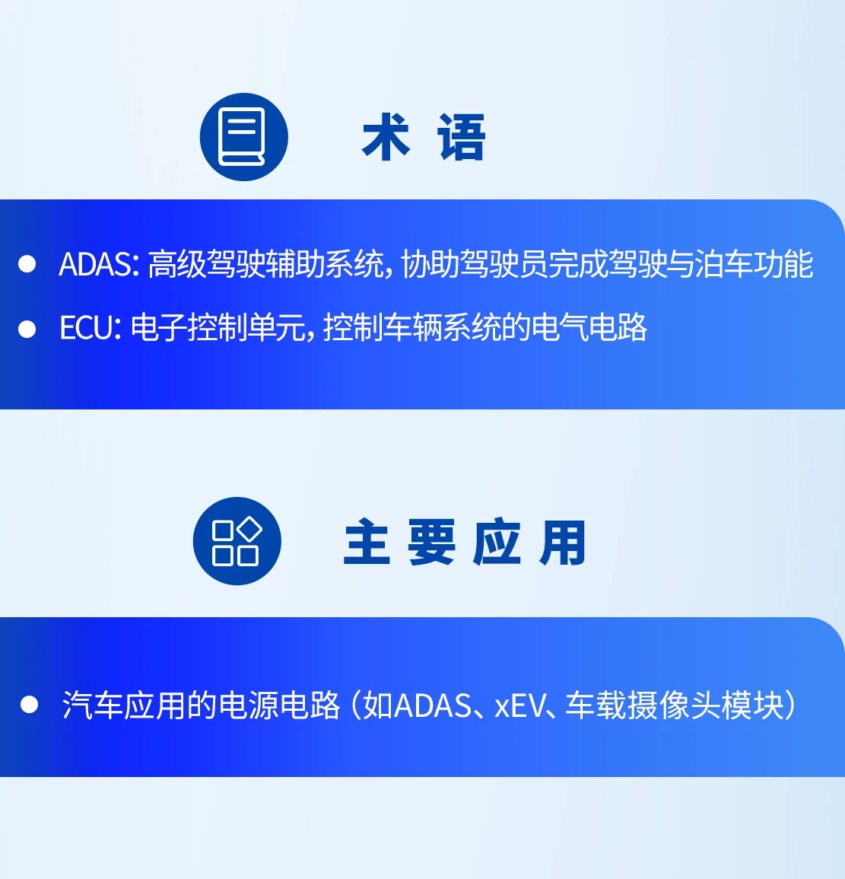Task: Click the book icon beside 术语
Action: click(243, 137)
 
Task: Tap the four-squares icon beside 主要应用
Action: click(237, 541)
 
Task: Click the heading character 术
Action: click(386, 138)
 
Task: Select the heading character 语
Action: click(461, 138)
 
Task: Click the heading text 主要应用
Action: click(465, 543)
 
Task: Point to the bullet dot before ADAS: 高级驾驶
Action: click(27, 264)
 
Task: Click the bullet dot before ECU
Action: click(27, 328)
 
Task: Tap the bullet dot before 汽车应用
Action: click(29, 705)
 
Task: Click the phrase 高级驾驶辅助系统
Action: click(265, 264)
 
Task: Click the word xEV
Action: click(520, 705)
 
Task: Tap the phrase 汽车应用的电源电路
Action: click(201, 705)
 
